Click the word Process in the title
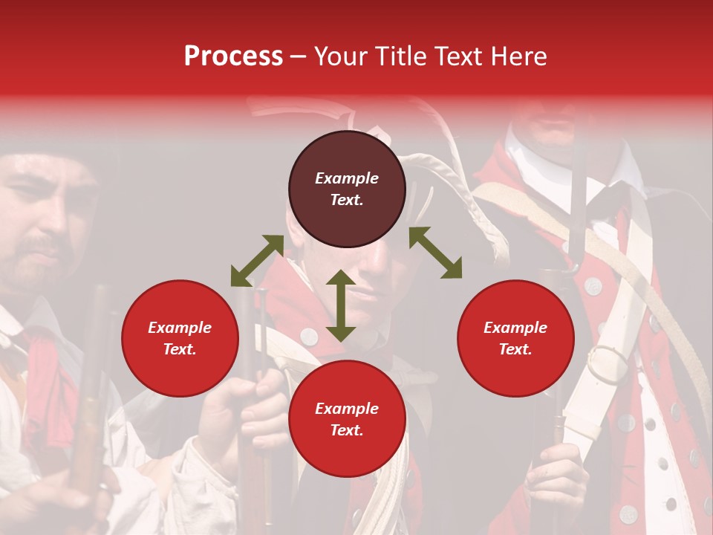[233, 56]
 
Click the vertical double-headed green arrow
[341, 305]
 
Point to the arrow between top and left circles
[257, 260]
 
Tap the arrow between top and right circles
[435, 253]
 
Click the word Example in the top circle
[347, 178]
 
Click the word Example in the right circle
[515, 328]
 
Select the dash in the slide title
[298, 56]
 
